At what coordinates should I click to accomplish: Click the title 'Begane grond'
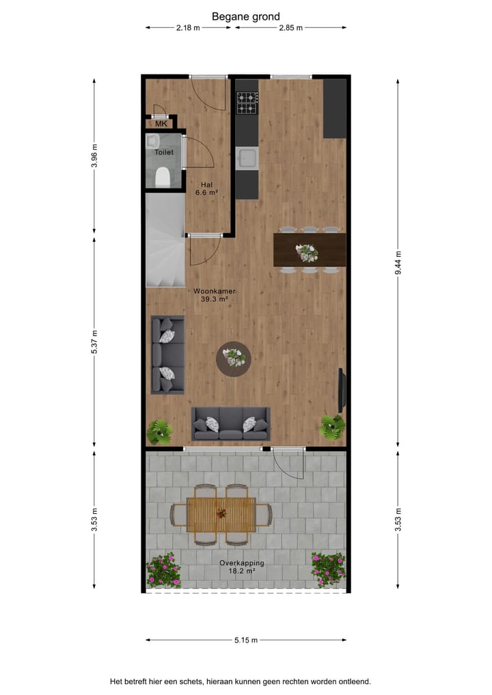(x=245, y=16)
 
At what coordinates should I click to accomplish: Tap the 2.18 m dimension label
(x=188, y=28)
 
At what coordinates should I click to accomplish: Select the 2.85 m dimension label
(x=290, y=28)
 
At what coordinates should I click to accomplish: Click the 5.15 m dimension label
(x=245, y=640)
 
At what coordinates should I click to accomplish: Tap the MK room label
(x=161, y=124)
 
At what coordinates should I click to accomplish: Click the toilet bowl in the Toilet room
(x=163, y=178)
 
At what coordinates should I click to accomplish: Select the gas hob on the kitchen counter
(x=247, y=103)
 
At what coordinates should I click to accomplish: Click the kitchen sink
(x=246, y=159)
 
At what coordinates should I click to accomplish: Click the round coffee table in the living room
(x=234, y=358)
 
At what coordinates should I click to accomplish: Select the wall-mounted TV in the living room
(x=342, y=390)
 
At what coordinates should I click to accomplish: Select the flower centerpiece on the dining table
(x=306, y=252)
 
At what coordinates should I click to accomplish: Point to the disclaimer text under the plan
(x=241, y=681)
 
